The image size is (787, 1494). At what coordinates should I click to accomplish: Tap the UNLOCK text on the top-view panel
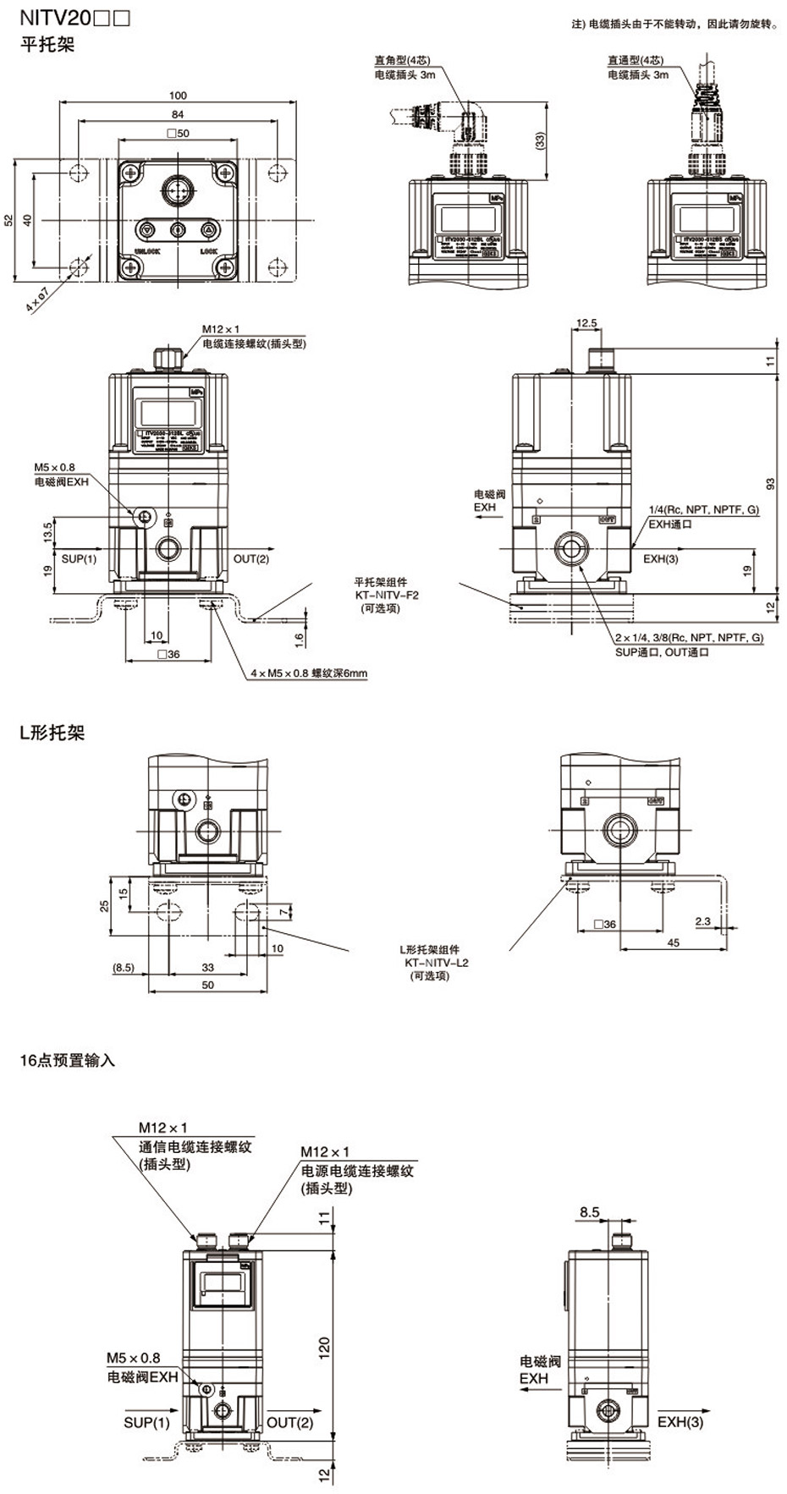pyautogui.click(x=147, y=251)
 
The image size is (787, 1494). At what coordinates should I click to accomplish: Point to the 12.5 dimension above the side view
pyautogui.click(x=586, y=322)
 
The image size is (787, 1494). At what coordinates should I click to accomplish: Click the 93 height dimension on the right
pyautogui.click(x=769, y=484)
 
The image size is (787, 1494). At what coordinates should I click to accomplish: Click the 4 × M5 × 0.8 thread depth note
pyautogui.click(x=309, y=673)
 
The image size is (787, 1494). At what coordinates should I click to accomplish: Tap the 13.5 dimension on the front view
pyautogui.click(x=47, y=531)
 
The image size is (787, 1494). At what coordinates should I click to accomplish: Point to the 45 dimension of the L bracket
pyautogui.click(x=674, y=942)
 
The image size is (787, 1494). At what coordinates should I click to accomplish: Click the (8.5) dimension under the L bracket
pyautogui.click(x=123, y=967)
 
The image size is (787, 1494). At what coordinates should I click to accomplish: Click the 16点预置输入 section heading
pyautogui.click(x=68, y=1060)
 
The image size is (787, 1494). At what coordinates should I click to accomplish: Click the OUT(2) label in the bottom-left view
pyautogui.click(x=289, y=1422)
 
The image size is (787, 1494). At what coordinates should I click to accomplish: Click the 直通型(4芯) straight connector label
pyautogui.click(x=635, y=60)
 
